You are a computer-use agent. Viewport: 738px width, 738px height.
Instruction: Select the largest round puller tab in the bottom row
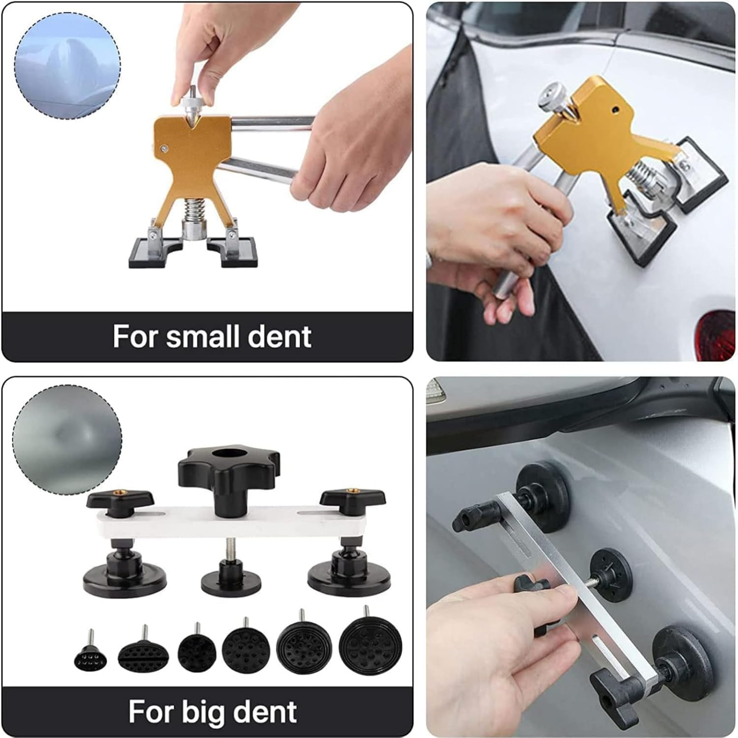coord(370,646)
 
